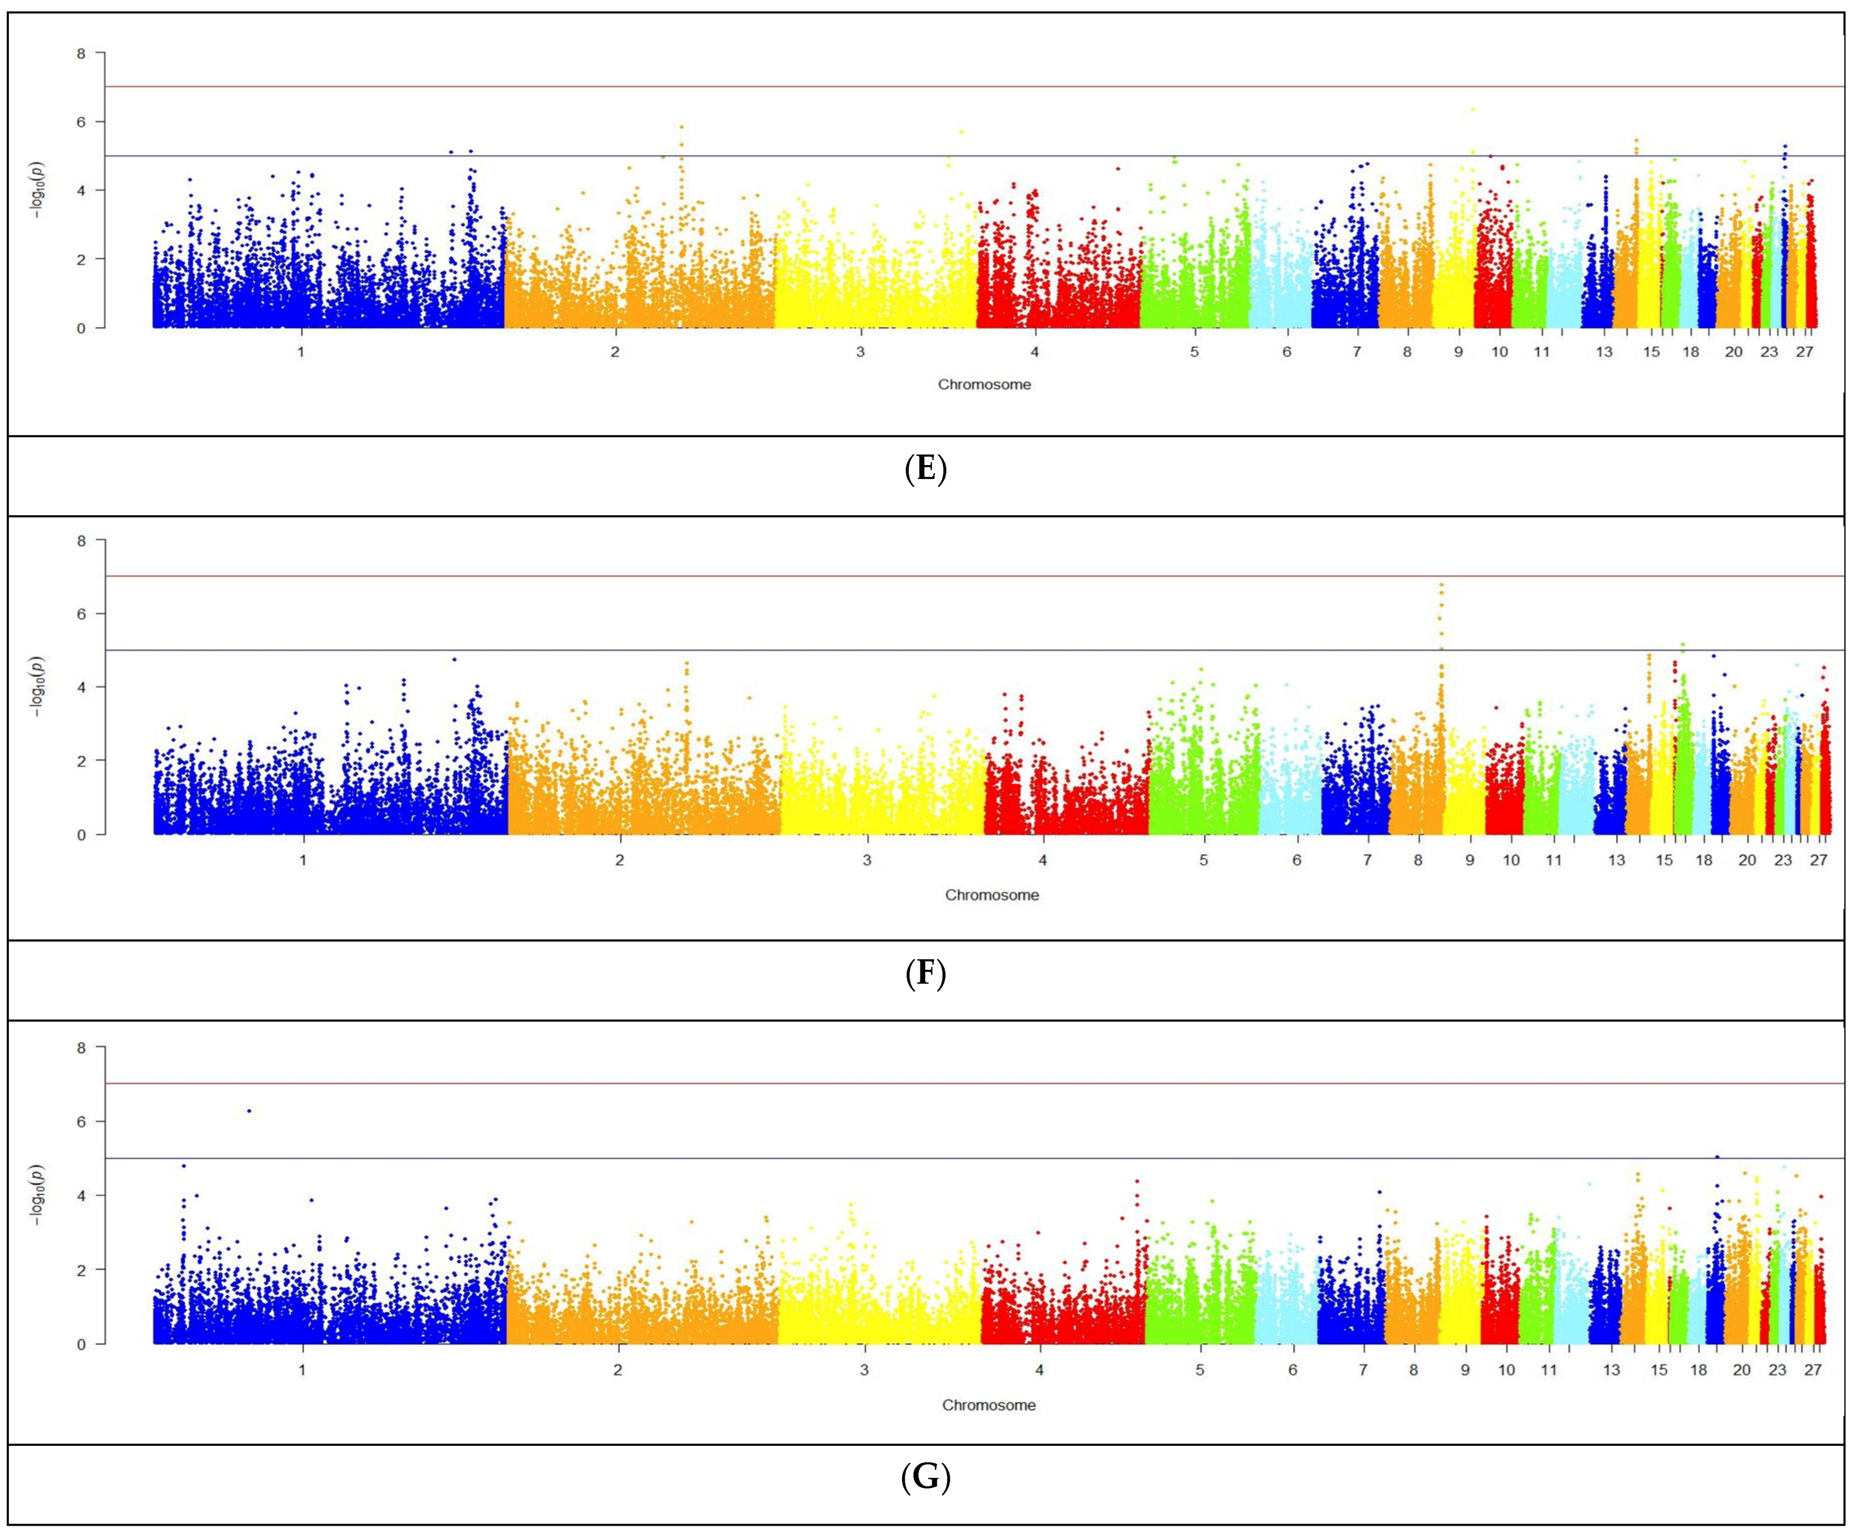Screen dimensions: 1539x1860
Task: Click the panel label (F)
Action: click(x=926, y=974)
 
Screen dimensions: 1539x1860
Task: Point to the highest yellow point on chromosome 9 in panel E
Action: click(x=1472, y=110)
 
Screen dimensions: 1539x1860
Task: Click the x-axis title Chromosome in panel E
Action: click(x=984, y=385)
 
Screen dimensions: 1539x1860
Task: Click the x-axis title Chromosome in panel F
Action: click(x=991, y=895)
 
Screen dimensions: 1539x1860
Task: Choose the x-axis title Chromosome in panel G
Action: click(x=989, y=1405)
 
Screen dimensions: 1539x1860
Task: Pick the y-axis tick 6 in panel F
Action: click(x=82, y=613)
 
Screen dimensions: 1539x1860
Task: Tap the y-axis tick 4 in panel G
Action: click(x=82, y=1195)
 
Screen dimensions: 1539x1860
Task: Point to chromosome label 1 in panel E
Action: click(x=301, y=352)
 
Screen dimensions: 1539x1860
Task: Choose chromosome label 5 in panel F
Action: click(x=1204, y=860)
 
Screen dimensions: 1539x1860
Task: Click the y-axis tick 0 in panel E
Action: click(x=82, y=328)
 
